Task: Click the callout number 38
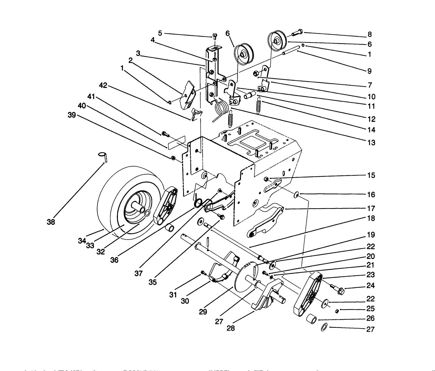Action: pyautogui.click(x=51, y=222)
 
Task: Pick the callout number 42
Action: pyautogui.click(x=103, y=86)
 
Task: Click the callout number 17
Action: pyautogui.click(x=371, y=209)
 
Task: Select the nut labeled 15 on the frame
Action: pyautogui.click(x=266, y=178)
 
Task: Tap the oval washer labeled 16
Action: pyautogui.click(x=296, y=194)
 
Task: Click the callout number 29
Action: pyautogui.click(x=203, y=312)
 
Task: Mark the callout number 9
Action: pyautogui.click(x=369, y=71)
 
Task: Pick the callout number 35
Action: pyautogui.click(x=153, y=282)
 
